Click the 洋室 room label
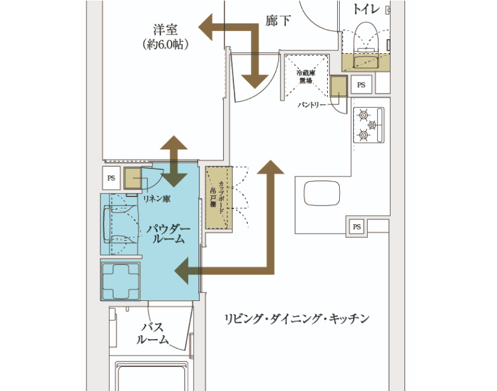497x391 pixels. click(x=165, y=30)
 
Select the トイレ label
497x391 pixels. click(x=366, y=8)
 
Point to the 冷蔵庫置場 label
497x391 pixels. click(x=306, y=77)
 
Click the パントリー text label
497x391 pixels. click(x=311, y=105)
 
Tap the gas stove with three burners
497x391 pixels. click(x=369, y=125)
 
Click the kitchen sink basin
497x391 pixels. click(x=322, y=193)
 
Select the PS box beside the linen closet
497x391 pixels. click(x=111, y=178)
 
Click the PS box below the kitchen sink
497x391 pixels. click(x=357, y=227)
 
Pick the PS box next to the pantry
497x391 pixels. click(x=361, y=85)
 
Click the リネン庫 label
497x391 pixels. click(x=157, y=199)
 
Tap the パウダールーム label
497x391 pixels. click(x=168, y=233)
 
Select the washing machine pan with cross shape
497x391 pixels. click(x=121, y=281)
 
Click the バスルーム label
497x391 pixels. click(x=152, y=333)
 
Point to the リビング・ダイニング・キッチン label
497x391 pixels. click(x=297, y=318)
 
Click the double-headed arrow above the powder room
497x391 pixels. click(x=174, y=161)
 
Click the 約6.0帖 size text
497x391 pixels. click(x=165, y=44)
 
